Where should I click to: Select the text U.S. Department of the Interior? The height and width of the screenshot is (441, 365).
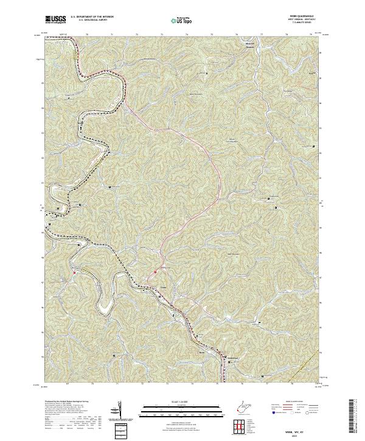[91, 18]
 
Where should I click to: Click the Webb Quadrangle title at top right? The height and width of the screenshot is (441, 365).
[307, 17]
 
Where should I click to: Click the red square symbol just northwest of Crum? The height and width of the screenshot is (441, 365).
[155, 271]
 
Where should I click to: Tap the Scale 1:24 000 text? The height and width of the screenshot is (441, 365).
[182, 401]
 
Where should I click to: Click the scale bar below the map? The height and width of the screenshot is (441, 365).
[182, 408]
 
